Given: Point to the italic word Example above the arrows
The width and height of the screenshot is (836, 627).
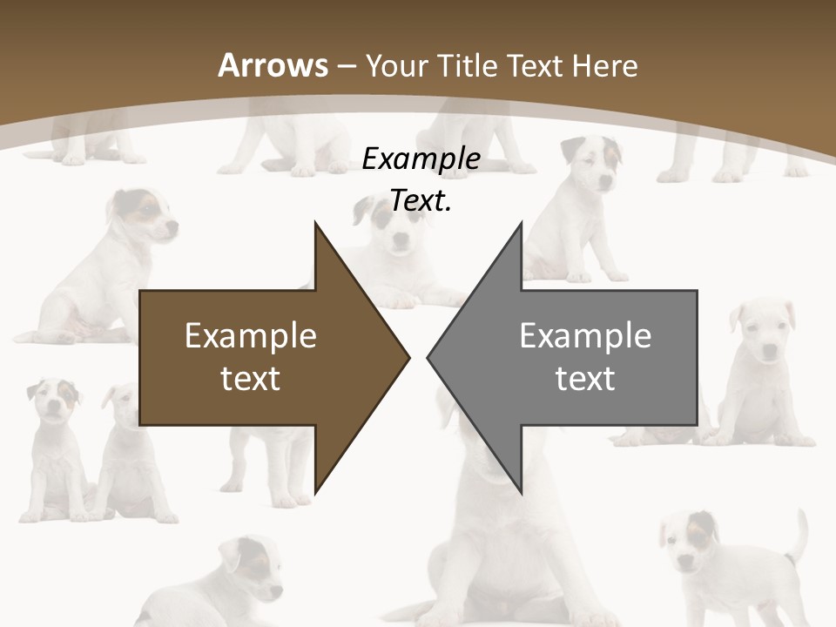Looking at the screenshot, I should click(421, 159).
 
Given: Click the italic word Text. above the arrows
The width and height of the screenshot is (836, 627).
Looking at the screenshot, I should click(421, 201).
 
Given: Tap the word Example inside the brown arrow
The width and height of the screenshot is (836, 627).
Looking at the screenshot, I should click(251, 336).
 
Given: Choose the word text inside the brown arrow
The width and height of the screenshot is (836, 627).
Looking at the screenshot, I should click(251, 379).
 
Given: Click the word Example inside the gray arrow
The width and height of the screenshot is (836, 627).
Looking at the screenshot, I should click(585, 336).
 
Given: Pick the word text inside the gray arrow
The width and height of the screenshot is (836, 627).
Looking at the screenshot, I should click(585, 379).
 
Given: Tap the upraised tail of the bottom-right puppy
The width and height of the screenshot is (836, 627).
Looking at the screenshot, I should click(798, 535).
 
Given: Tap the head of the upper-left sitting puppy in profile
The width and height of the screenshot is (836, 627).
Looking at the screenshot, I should click(145, 218).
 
